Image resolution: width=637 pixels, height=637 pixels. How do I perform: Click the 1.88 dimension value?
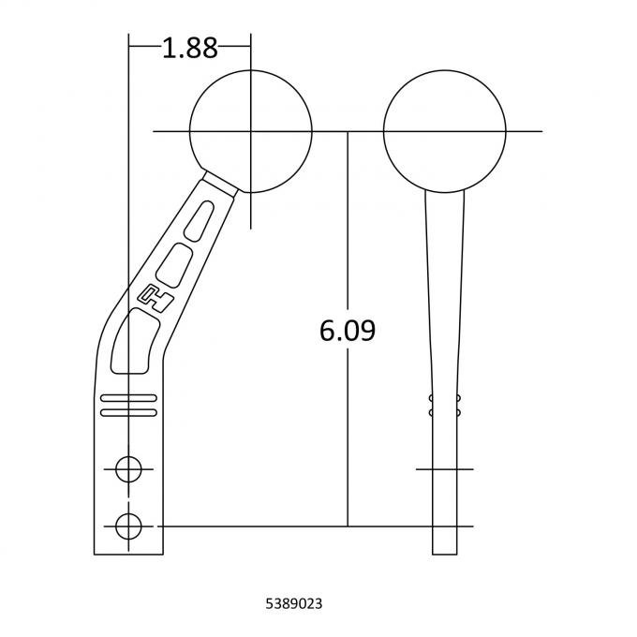point(189,49)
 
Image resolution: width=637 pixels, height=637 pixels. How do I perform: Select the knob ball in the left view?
point(250,130)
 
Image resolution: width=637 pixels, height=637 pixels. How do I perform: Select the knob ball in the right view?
point(444,130)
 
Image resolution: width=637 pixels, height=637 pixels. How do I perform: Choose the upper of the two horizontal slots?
point(128,400)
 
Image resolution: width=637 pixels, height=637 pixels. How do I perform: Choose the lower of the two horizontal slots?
point(128,412)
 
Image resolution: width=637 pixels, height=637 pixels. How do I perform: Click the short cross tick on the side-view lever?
point(444,468)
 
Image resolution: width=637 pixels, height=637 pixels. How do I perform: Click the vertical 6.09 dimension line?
point(348,422)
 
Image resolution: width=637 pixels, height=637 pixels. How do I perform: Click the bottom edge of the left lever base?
point(128,553)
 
